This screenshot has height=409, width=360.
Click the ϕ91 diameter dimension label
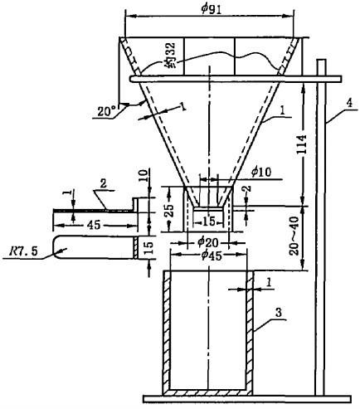tap(212, 9)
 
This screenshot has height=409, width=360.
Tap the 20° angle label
tap(106, 111)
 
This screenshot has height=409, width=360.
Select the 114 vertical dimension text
tap(303, 145)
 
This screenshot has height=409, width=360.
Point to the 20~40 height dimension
tap(294, 236)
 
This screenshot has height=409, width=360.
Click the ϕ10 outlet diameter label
tap(261, 172)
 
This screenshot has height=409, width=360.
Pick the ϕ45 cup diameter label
tap(212, 256)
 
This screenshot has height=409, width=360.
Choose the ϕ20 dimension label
tap(208, 243)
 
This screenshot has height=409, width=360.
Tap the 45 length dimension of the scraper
tap(94, 225)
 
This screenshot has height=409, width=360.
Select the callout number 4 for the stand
tap(349, 104)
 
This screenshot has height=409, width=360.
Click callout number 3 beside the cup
tap(278, 313)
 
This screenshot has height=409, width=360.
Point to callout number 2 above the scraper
tap(103, 184)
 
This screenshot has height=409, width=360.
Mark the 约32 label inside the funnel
tap(169, 55)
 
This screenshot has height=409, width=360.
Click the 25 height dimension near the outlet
tap(170, 211)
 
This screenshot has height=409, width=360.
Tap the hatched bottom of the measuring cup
tap(207, 392)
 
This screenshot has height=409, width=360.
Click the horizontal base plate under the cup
tap(247, 399)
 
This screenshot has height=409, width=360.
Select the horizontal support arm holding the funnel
tap(236, 79)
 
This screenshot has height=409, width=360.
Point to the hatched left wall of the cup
tap(167, 330)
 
